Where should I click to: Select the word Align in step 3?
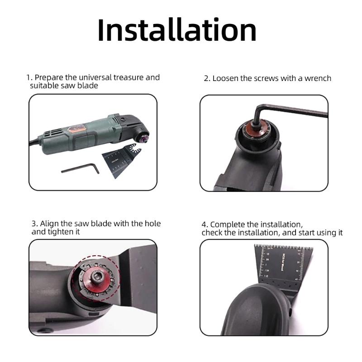click(50, 224)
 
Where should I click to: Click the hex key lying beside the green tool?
click(81, 168)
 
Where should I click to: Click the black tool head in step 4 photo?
click(253, 312)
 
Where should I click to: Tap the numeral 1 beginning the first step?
click(28, 77)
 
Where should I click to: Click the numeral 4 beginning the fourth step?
click(204, 224)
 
